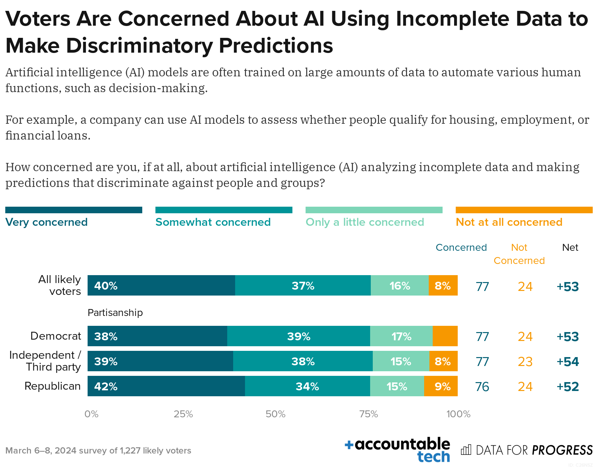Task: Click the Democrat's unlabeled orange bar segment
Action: [x=445, y=336]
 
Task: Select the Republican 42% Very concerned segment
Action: [x=166, y=386]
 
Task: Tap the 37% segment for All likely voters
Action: [x=303, y=285]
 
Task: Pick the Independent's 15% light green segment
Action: [x=401, y=361]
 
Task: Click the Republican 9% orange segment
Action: [x=441, y=386]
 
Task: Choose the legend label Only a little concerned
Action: [x=365, y=222]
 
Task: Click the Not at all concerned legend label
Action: [x=509, y=222]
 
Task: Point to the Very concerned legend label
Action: [x=46, y=222]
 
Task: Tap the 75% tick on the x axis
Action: [x=368, y=414]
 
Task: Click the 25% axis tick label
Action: [x=183, y=414]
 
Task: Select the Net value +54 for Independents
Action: [x=567, y=362]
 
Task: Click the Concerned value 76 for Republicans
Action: [x=482, y=387]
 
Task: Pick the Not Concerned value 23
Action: [x=525, y=362]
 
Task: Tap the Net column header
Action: [x=570, y=247]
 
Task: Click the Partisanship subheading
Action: [x=115, y=312]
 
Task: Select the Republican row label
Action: [x=52, y=386]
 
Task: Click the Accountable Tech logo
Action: [x=398, y=450]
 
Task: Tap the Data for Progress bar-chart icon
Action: [x=466, y=450]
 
